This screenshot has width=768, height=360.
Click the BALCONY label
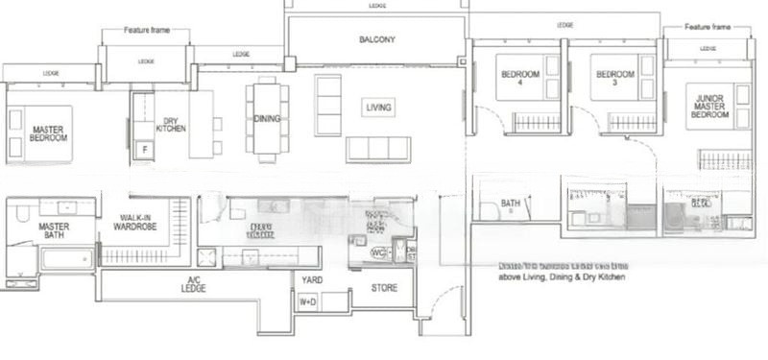coord(377,40)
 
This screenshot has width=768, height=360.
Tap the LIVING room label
coord(377,108)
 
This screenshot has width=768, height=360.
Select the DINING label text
coord(267,119)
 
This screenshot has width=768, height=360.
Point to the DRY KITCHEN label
coord(171,124)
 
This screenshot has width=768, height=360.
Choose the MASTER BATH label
coord(54,231)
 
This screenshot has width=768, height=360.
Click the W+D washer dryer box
coord(308,302)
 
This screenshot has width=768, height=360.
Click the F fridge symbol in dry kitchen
coord(144,150)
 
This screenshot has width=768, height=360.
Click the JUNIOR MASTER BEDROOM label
coord(708,103)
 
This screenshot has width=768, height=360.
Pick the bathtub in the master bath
coord(67,258)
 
